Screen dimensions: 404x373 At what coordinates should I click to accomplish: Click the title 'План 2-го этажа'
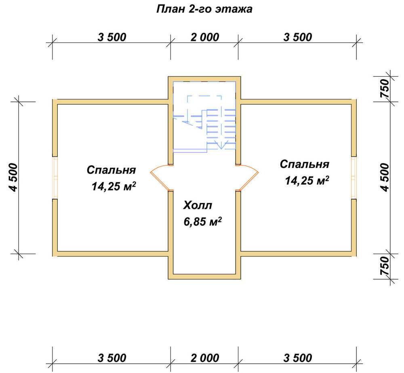tap(204, 9)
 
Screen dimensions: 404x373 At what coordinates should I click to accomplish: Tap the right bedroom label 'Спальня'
tap(305, 164)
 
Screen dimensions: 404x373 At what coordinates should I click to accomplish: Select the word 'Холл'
tap(198, 205)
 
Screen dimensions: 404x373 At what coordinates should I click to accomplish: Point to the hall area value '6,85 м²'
tap(203, 221)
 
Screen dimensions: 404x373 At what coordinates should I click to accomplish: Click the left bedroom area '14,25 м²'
tap(114, 186)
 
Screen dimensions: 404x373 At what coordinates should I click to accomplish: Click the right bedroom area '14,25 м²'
tap(307, 181)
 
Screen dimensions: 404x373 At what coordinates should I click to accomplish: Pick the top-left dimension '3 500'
tap(112, 37)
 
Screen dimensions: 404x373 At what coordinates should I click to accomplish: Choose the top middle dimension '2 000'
tap(205, 37)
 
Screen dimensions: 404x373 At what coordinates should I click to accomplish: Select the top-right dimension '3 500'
tap(298, 37)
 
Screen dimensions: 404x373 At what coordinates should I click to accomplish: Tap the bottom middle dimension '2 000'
tap(205, 358)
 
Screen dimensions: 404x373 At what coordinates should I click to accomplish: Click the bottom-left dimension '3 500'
tap(112, 358)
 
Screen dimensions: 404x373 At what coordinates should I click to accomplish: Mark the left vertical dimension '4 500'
tap(13, 177)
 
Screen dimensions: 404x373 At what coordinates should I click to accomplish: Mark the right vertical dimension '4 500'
tap(385, 177)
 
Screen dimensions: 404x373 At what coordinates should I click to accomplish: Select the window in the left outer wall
tap(55, 177)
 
